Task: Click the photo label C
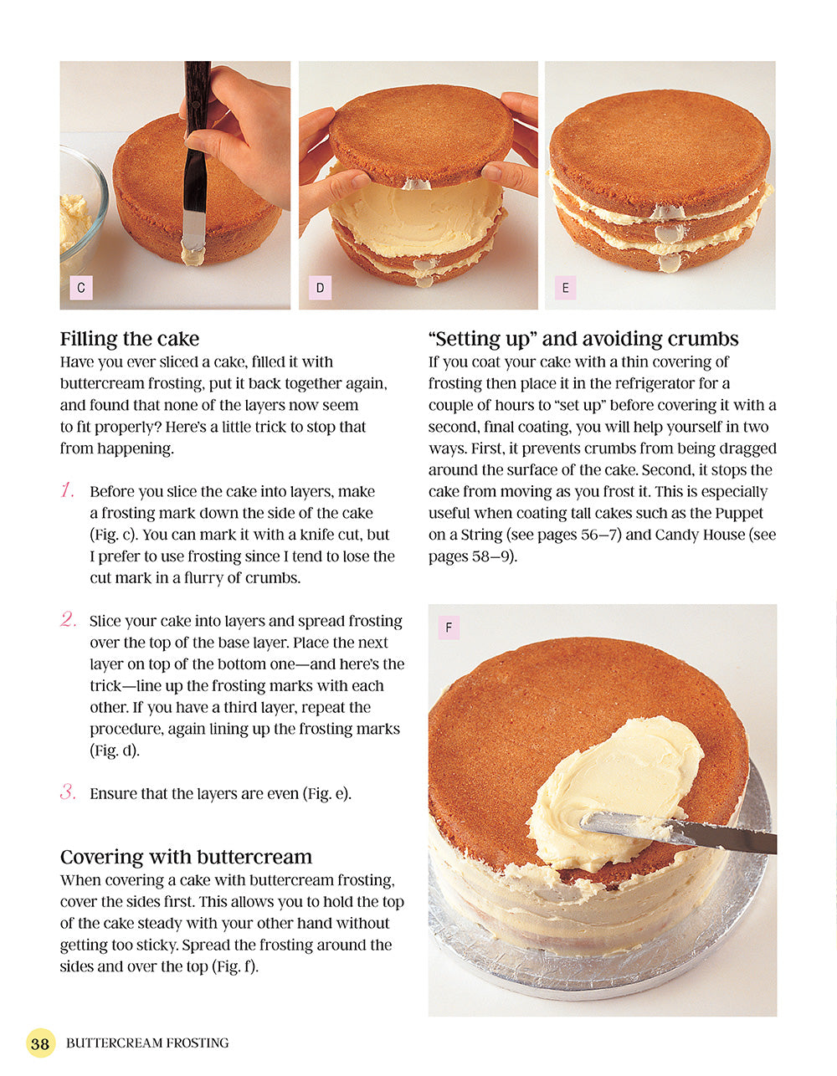[81, 288]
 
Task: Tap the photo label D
[320, 288]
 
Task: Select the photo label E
[565, 288]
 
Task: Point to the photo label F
[449, 628]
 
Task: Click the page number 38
[40, 1043]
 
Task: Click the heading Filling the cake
[130, 339]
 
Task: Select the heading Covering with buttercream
[186, 857]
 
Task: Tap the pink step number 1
[68, 490]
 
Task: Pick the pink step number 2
[69, 620]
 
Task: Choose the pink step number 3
[68, 792]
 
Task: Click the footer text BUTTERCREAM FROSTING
[147, 1043]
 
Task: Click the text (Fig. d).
[115, 751]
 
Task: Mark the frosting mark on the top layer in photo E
[666, 213]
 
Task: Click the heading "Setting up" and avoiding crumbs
[583, 339]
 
